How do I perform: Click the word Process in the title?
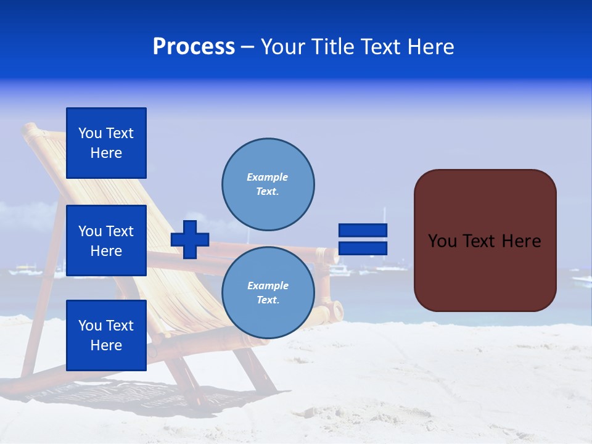(x=194, y=47)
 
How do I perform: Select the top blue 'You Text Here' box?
(x=106, y=143)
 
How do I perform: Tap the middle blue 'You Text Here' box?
(x=106, y=240)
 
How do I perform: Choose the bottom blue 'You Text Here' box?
(x=106, y=335)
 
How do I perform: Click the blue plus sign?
(x=190, y=239)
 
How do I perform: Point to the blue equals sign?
(x=363, y=239)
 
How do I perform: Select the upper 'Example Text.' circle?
(x=268, y=184)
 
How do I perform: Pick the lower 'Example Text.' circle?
(x=268, y=293)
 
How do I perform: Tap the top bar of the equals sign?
(x=363, y=230)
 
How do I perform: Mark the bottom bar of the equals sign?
(x=363, y=249)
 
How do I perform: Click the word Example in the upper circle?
(x=267, y=177)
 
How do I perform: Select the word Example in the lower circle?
(x=268, y=286)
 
